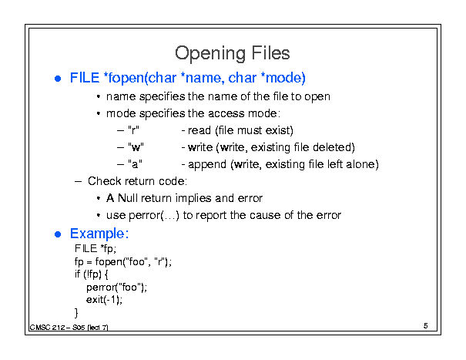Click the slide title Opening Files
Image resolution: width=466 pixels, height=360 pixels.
(233, 53)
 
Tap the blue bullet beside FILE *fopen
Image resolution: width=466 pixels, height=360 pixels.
(58, 79)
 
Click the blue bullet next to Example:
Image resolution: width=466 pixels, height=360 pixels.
(58, 234)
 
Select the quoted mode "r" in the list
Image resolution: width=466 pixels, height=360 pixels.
(133, 130)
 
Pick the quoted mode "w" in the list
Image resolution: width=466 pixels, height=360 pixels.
(136, 147)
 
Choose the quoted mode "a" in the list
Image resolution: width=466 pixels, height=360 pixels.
(135, 164)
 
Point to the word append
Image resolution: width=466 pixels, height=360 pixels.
(207, 164)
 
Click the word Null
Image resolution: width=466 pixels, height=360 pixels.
(128, 198)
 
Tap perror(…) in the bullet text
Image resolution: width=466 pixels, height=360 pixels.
(154, 215)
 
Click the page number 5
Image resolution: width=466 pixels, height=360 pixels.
(426, 326)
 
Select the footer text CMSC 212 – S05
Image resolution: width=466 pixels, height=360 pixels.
(57, 328)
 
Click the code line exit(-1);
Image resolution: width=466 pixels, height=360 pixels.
(104, 300)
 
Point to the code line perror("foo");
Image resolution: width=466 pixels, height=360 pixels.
(116, 288)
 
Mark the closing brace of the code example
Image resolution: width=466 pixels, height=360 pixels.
(76, 313)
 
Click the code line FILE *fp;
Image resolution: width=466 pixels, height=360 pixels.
(96, 248)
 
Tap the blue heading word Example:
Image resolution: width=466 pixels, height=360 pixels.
(99, 234)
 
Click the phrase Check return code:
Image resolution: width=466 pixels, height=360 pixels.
(137, 181)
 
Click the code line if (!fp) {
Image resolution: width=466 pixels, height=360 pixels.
(91, 274)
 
